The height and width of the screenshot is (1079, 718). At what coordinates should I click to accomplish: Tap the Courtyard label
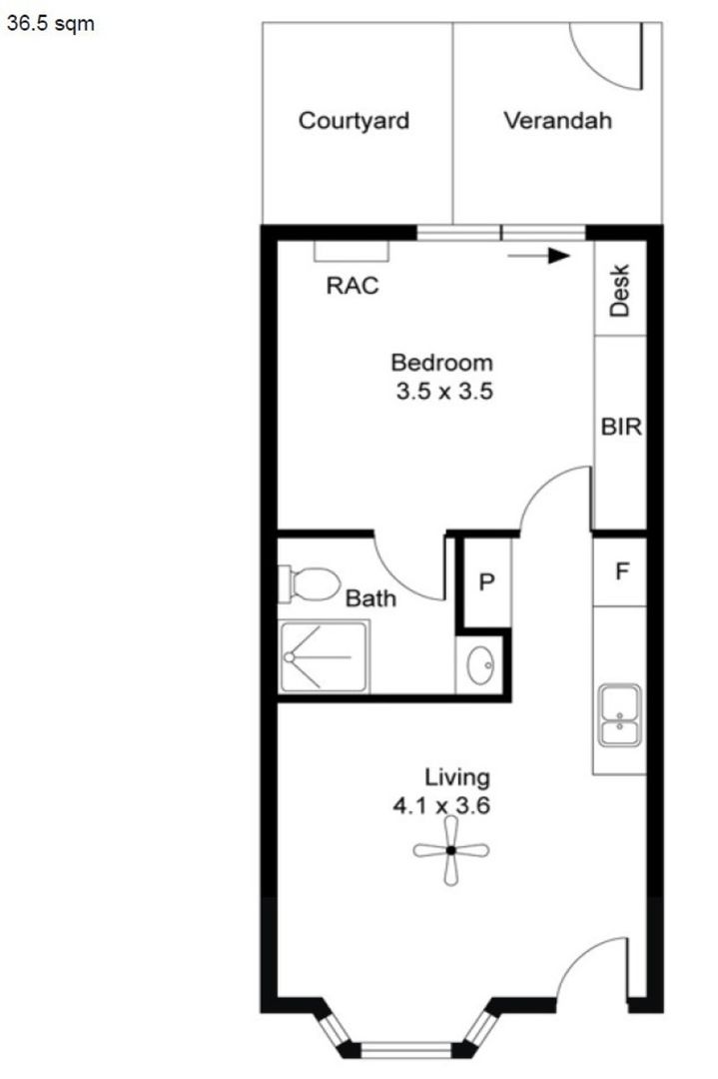(x=354, y=122)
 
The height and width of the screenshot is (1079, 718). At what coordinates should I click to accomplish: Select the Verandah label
(x=557, y=122)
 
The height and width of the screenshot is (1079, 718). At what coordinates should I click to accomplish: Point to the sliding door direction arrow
(x=538, y=256)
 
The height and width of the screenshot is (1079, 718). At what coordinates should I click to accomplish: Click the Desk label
(x=620, y=290)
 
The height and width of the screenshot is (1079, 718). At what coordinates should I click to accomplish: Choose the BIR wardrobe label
(x=620, y=427)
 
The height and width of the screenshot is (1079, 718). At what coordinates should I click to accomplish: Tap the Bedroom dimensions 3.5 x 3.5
(x=441, y=391)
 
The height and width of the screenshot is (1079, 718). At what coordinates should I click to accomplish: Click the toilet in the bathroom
(x=311, y=583)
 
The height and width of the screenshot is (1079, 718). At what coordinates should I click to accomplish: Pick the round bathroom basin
(x=481, y=664)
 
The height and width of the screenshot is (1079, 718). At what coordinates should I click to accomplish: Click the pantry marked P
(x=486, y=582)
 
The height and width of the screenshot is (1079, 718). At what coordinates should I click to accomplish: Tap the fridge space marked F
(x=621, y=572)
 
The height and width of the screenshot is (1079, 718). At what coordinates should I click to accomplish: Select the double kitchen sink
(x=620, y=716)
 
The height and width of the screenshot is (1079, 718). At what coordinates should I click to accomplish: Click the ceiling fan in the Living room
(x=451, y=850)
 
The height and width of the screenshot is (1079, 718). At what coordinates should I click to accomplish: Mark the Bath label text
(x=370, y=599)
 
